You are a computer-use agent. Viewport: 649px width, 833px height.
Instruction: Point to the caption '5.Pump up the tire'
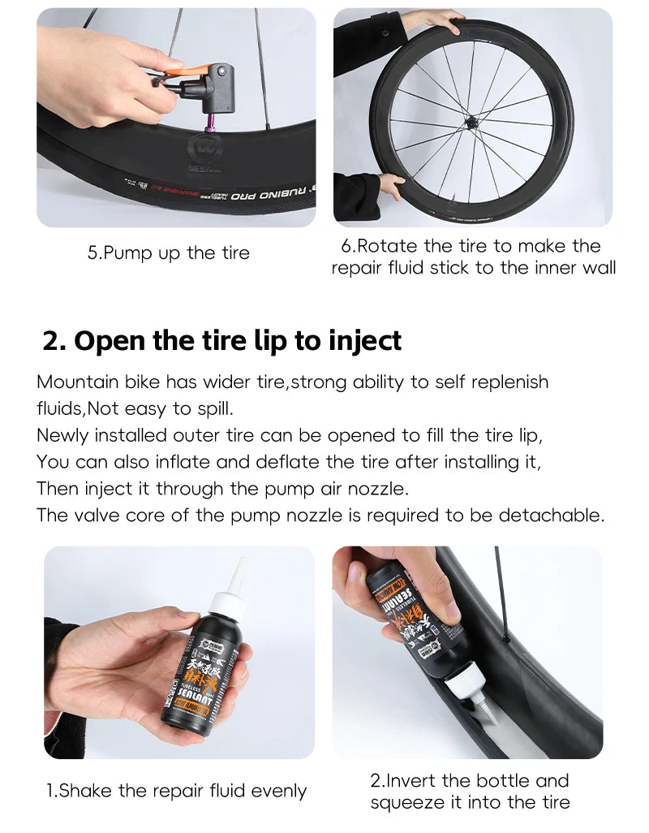click(169, 253)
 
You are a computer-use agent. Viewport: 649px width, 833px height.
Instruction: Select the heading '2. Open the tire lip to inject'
click(221, 340)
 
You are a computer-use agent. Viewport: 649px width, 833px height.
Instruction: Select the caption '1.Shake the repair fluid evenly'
click(176, 791)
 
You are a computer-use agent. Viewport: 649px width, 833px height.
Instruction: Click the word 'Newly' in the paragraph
click(62, 435)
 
